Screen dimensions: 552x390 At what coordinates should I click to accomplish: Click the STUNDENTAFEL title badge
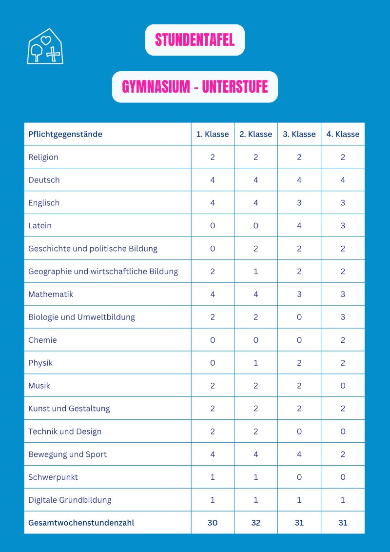pos(195,40)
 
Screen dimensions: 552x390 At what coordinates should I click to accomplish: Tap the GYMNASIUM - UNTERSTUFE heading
pos(195,87)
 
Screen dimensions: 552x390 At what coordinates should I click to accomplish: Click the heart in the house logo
pos(46,40)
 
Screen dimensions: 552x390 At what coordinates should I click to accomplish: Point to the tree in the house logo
pos(36,52)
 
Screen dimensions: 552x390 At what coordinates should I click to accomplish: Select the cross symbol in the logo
pos(53,55)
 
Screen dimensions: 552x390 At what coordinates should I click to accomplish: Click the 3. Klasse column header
pos(299,134)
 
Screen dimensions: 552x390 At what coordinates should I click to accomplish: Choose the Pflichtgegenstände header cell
pos(65,134)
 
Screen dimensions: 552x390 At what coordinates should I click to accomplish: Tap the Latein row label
pos(40,225)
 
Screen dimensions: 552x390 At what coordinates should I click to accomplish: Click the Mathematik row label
pos(51,294)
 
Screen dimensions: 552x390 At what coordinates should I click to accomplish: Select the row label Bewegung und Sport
pos(67,454)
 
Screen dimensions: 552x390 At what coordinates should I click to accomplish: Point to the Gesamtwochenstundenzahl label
pos(81,523)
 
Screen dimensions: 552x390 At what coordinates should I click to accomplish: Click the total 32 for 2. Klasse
pos(256,523)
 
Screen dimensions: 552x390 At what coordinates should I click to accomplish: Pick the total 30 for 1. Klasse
pos(213,523)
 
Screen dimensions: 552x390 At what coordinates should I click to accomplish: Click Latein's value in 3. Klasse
pos(299,225)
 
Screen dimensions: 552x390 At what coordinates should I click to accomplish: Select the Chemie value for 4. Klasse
pos(343,340)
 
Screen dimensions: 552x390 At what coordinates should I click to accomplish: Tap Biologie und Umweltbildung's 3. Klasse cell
pos(299,317)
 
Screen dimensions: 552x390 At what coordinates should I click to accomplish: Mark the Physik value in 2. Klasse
pos(256,363)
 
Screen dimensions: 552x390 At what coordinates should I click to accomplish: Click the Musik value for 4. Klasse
pos(343,386)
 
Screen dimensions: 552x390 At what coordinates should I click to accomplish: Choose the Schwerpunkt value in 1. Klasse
pos(213,477)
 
